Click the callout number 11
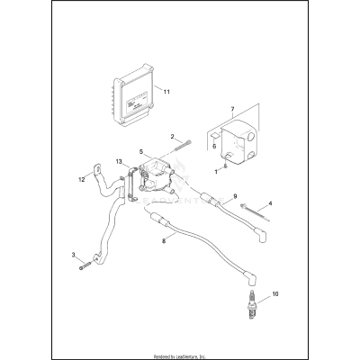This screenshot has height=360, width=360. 165,92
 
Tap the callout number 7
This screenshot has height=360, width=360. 232,110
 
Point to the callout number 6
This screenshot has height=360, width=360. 213,143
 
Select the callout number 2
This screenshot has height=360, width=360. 172,136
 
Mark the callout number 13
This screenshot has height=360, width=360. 119,162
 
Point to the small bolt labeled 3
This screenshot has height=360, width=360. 84,264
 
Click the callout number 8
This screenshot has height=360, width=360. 163,241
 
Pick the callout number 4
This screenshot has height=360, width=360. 270,204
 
